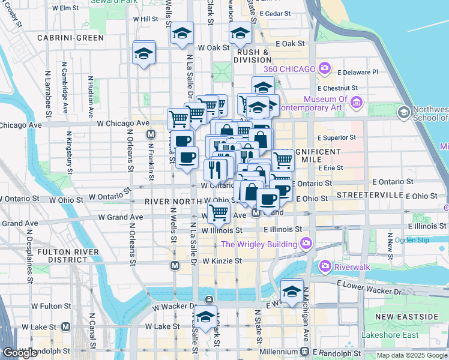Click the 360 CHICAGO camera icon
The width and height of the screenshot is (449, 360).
[x=325, y=68]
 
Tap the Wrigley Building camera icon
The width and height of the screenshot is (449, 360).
[x=306, y=244]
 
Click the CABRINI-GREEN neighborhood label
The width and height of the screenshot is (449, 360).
[x=70, y=37]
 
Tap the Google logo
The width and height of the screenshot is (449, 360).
[x=20, y=353]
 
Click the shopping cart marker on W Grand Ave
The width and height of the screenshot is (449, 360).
[x=220, y=212]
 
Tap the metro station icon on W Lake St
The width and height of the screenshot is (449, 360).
[x=65, y=326]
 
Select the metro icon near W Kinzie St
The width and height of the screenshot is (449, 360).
[x=175, y=265]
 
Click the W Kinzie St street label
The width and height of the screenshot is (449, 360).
[x=221, y=261]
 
